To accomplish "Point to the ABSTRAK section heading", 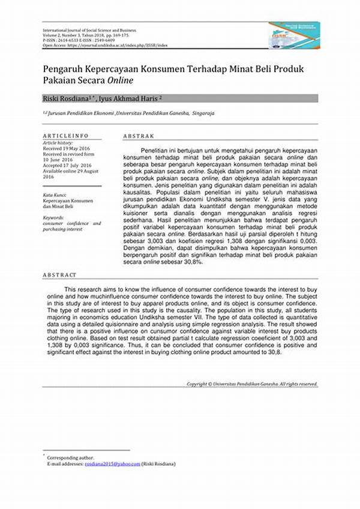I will tap(139, 136).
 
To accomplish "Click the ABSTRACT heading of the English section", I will tap(59, 275).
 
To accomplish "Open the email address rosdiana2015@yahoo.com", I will tap(112, 464).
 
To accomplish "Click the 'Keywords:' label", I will tap(53, 217).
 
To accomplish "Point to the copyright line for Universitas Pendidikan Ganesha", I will tap(251, 384).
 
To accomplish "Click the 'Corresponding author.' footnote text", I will tap(68, 458).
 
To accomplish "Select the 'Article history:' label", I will tap(58, 143).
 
